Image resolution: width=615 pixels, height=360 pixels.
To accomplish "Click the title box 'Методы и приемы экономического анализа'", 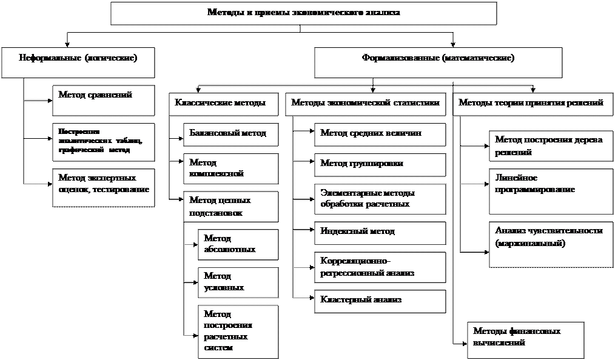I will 303,13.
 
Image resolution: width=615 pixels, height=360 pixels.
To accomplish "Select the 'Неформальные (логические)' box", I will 78,62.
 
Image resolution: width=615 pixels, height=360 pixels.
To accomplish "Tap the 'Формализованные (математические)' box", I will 438,62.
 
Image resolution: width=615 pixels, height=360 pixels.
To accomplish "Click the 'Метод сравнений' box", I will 104,100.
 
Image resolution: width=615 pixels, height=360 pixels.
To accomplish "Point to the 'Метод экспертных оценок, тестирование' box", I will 104,187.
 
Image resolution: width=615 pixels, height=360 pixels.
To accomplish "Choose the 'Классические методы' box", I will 221,104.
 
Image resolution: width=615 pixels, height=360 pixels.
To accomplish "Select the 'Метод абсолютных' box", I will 238,244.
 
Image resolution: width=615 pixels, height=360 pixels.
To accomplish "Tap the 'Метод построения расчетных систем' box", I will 238,332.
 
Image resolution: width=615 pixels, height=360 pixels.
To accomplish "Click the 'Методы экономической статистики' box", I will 365,104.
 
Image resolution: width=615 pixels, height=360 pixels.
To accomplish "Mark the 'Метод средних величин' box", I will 380,134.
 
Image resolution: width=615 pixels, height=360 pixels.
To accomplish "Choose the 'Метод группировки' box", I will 380,165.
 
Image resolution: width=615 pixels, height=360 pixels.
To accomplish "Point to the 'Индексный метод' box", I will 380,233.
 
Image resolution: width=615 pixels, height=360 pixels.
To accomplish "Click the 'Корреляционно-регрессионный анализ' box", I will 380,267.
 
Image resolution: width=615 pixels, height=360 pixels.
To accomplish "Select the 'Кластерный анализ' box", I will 380,301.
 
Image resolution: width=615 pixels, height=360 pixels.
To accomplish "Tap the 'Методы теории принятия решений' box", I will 531,104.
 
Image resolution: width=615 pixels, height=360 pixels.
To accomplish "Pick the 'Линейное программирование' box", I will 551,191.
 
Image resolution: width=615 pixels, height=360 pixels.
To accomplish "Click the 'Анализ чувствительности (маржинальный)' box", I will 551,244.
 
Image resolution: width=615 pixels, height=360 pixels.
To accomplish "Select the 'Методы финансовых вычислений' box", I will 525,339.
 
